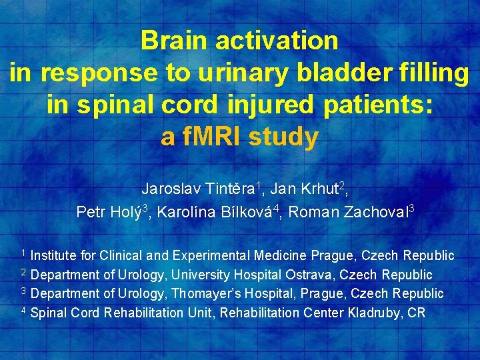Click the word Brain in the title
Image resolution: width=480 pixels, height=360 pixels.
(174, 41)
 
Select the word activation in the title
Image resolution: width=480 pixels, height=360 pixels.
(277, 41)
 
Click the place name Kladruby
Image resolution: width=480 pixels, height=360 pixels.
(376, 313)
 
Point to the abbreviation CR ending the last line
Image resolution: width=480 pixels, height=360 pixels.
(417, 313)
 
